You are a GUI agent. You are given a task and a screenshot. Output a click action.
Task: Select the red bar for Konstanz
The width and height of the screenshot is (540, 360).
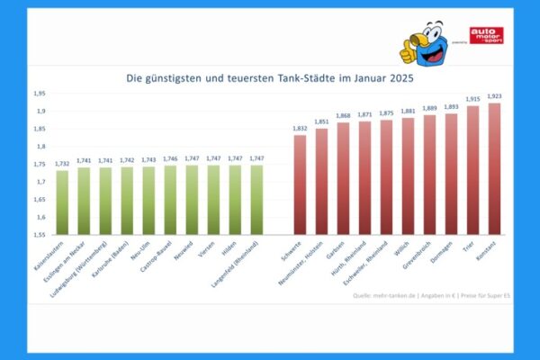coord(494,168)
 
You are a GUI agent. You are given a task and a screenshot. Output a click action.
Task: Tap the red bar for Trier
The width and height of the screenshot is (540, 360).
coord(472,170)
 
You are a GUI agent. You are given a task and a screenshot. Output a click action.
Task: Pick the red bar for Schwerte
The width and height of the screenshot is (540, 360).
coord(300,184)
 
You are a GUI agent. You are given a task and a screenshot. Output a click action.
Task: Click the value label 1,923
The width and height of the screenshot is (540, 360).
coord(494,95)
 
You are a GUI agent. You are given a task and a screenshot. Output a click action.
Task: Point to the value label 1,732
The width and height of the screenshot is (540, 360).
coord(62,163)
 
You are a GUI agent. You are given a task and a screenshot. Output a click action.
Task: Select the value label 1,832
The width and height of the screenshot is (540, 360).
coord(300,128)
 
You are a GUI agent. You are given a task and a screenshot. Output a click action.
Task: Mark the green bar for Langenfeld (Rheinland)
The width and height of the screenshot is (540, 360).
coord(256,200)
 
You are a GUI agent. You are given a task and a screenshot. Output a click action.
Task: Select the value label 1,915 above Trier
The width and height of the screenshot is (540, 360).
coord(472,99)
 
